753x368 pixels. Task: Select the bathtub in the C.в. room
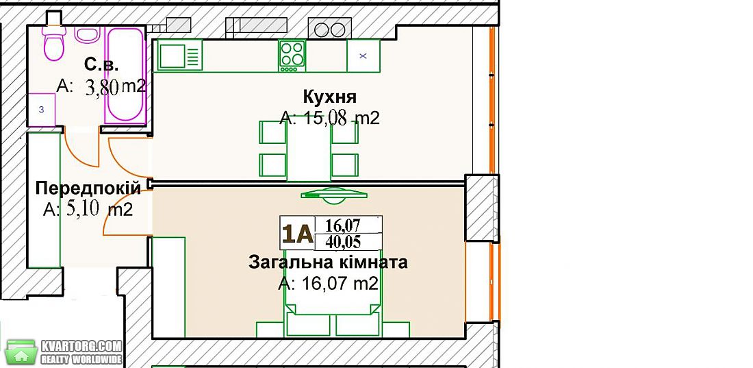125,75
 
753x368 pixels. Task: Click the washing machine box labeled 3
41,110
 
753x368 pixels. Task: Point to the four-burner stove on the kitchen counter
292,56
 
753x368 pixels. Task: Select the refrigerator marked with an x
363,56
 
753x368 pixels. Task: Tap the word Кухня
330,97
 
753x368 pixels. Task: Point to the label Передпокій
88,188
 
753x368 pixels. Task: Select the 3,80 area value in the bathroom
102,88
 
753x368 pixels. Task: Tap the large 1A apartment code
298,234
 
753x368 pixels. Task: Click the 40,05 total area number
343,241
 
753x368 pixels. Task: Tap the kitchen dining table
309,148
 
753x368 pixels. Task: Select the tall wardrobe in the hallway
44,199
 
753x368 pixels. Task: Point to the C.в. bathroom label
101,64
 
